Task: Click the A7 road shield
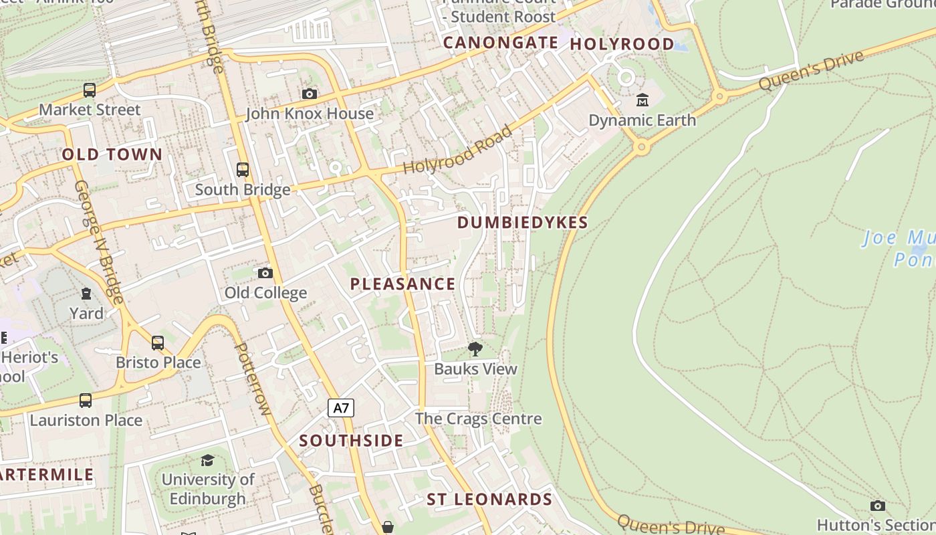(x=341, y=408)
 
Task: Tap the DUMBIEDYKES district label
(x=522, y=223)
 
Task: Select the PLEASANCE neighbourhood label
(x=402, y=284)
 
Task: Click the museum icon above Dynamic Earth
(x=642, y=100)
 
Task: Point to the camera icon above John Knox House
(x=309, y=94)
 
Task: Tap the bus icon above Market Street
(x=90, y=90)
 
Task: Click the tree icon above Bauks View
(x=475, y=348)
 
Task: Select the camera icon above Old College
(x=265, y=273)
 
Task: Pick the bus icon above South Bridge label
(x=243, y=170)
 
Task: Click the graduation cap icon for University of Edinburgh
(x=207, y=460)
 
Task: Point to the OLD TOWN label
(x=112, y=154)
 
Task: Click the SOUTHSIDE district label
(x=351, y=441)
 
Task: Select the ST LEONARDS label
(x=489, y=500)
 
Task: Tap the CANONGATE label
(x=501, y=43)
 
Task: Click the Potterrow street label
(x=252, y=379)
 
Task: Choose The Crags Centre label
(x=478, y=419)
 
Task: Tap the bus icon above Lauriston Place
(x=86, y=401)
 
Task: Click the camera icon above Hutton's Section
(x=878, y=506)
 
